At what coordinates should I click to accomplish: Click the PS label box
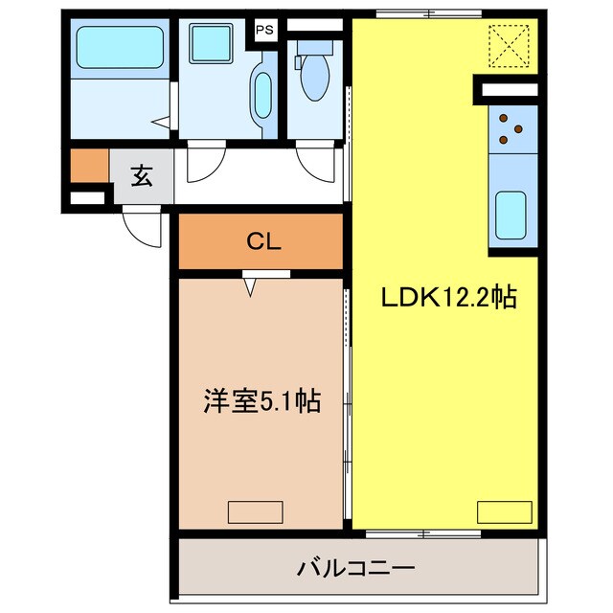pyautogui.click(x=264, y=29)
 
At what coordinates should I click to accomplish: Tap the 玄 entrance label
pyautogui.click(x=142, y=175)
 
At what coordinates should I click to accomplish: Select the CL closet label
pyautogui.click(x=261, y=242)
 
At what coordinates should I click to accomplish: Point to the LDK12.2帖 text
pyautogui.click(x=449, y=298)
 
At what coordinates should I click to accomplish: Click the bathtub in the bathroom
pyautogui.click(x=120, y=45)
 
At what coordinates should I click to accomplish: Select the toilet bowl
pyautogui.click(x=312, y=78)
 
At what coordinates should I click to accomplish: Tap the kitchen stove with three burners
pyautogui.click(x=510, y=132)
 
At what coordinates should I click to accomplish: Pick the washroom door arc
pyautogui.click(x=204, y=164)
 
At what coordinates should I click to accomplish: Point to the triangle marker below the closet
pyautogui.click(x=251, y=284)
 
